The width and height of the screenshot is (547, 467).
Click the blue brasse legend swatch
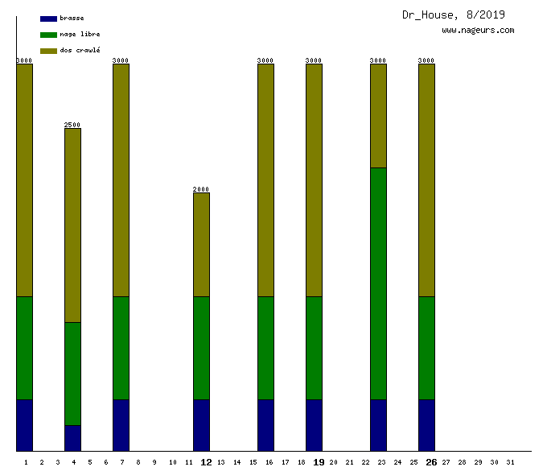pos(48,19)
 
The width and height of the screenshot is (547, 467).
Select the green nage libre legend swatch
pos(48,35)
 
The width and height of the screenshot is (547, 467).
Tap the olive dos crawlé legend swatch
pos(48,51)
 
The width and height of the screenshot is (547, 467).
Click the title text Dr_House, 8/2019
pos(454,14)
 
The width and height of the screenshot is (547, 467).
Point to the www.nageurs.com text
pos(478,31)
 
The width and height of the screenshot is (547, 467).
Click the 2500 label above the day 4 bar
pos(72,125)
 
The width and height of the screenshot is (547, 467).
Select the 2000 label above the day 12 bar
pos(201,189)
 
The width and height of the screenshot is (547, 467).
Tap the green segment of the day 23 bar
pos(378,283)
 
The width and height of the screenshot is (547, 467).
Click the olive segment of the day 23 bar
pos(378,116)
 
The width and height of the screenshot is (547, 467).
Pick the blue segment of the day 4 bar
pos(72,438)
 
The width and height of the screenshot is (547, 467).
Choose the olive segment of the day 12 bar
pos(201,245)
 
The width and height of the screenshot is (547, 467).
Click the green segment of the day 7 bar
pos(121,348)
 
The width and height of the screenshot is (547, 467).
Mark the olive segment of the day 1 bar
pos(24,180)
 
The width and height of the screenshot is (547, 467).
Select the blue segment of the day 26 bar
pos(426,425)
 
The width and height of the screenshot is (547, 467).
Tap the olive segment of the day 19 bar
pos(314,180)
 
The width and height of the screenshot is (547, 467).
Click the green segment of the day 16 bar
pos(265,348)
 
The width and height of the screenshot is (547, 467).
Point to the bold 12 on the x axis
pos(206,462)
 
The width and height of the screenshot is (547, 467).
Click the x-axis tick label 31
pos(510,462)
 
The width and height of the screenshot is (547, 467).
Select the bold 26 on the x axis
pos(431,462)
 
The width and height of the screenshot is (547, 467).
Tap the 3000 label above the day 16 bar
pos(265,60)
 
